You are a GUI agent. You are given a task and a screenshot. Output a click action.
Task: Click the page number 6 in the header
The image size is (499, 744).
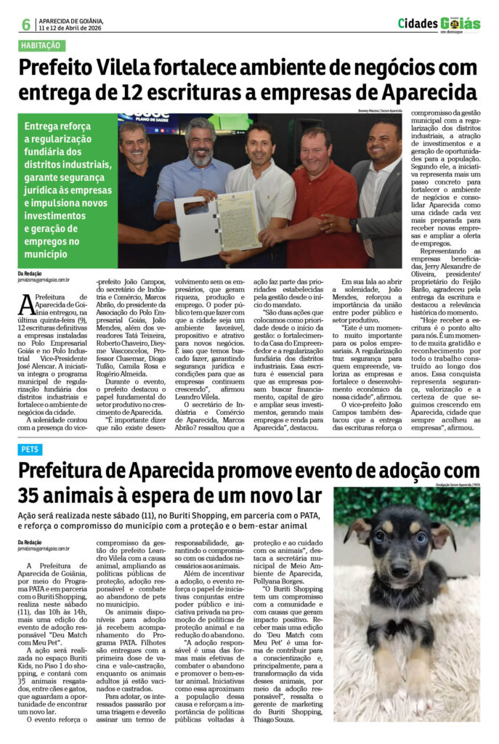click(x=25, y=24)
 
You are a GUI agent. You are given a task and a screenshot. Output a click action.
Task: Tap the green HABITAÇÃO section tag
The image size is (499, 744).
click(x=41, y=46)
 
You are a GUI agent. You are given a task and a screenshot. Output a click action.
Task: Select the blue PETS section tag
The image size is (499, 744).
click(x=30, y=450)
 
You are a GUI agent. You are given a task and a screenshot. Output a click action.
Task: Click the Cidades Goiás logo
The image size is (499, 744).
click(x=438, y=24)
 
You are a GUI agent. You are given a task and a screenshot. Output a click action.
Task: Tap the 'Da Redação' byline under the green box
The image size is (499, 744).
click(x=31, y=273)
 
